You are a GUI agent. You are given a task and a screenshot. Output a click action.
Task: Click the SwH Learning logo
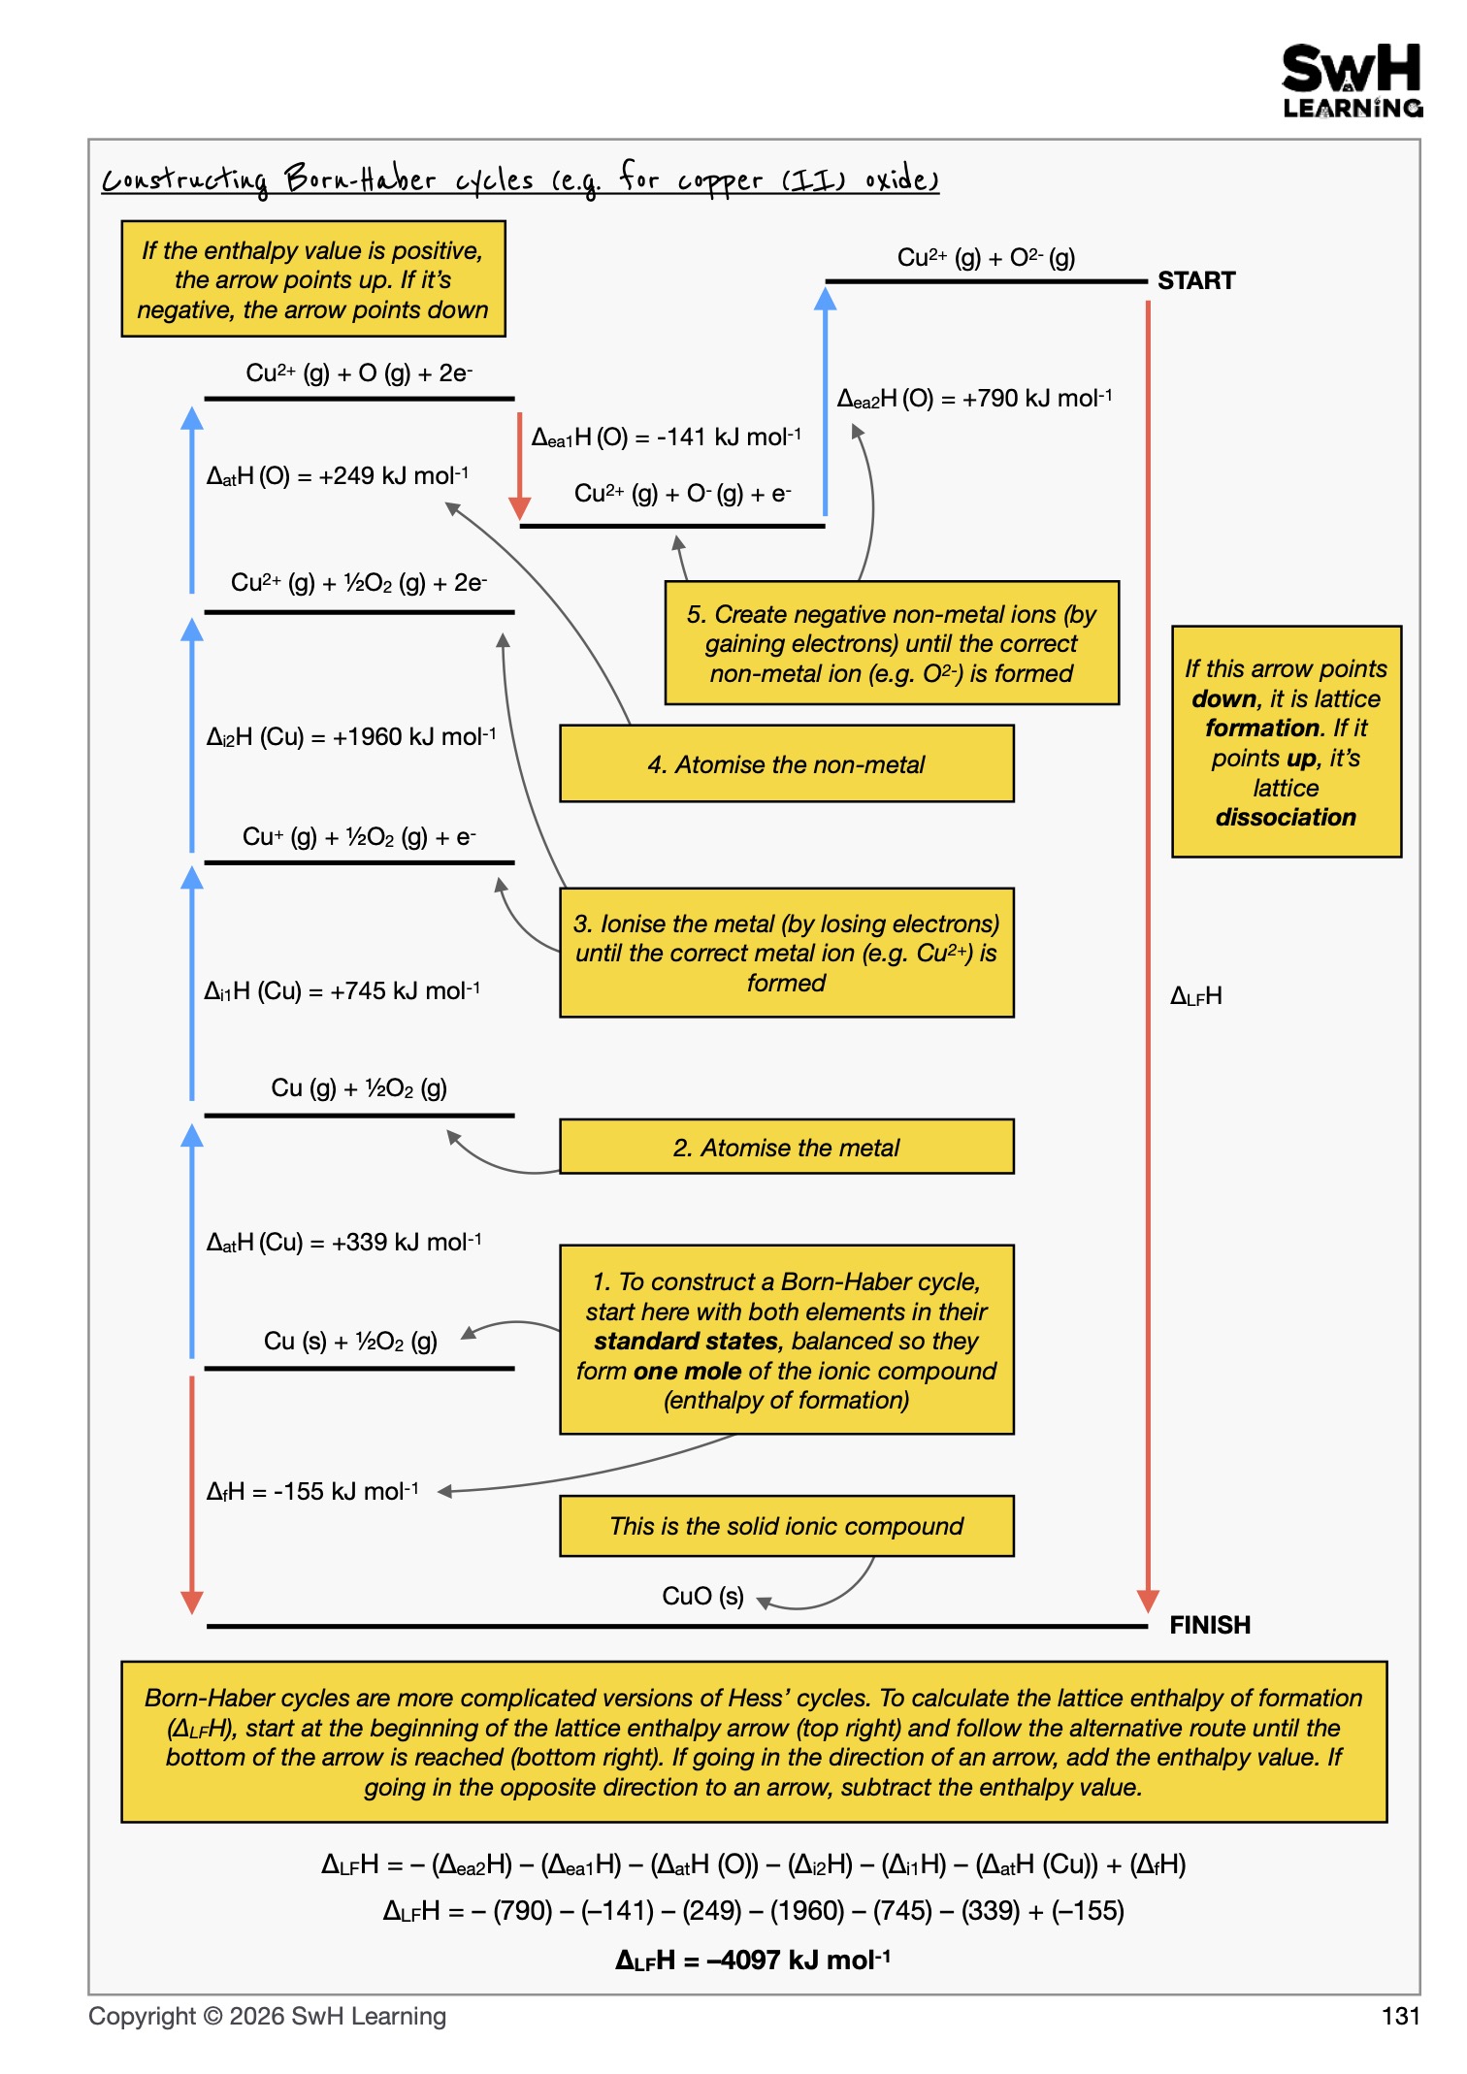click(x=1353, y=81)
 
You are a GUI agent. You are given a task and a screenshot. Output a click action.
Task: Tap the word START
click(x=1196, y=281)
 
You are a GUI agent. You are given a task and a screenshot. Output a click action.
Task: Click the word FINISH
click(x=1210, y=1625)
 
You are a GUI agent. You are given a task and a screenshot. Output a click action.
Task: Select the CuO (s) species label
click(x=702, y=1596)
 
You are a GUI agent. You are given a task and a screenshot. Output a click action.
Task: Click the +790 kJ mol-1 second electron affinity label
click(x=974, y=398)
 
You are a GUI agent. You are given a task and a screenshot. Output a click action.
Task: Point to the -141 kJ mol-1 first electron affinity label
click(x=667, y=437)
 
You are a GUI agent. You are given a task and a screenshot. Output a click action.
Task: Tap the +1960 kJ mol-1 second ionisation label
click(x=351, y=736)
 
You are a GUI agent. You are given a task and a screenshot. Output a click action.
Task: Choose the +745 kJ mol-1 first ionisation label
click(x=342, y=990)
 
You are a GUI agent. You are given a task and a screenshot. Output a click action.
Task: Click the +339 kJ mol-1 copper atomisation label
click(x=344, y=1242)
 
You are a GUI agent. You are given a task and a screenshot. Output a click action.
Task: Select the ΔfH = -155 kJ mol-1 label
click(x=312, y=1491)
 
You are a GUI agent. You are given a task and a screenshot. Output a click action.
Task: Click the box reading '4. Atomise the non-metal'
click(x=787, y=763)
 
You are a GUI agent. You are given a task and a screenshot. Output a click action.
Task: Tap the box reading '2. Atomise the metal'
click(x=787, y=1147)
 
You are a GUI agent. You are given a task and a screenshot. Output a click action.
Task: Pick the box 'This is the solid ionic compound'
click(x=787, y=1526)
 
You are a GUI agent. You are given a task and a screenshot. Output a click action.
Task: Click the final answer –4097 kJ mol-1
click(x=753, y=1960)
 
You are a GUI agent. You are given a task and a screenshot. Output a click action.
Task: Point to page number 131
click(x=1401, y=2016)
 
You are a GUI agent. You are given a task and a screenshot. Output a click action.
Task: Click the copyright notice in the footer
click(x=268, y=2016)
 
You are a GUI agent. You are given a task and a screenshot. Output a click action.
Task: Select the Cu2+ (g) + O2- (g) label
click(x=986, y=257)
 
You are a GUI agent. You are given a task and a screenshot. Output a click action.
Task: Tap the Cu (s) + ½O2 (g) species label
click(x=350, y=1341)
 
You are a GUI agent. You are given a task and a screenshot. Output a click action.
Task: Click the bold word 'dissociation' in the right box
click(x=1286, y=817)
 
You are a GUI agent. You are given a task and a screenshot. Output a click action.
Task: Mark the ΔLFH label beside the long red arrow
click(x=1196, y=996)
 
